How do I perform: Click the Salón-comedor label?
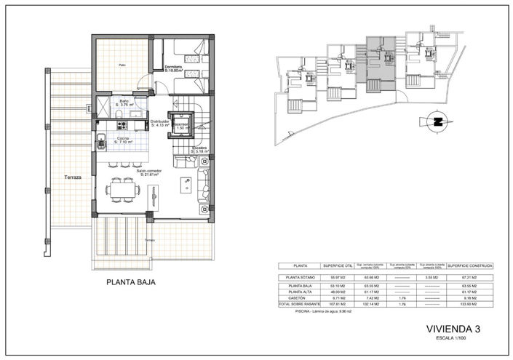tap(149, 173)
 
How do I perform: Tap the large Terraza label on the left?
tap(72, 177)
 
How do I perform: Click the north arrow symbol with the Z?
tap(437, 122)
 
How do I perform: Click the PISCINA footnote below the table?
tap(321, 313)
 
